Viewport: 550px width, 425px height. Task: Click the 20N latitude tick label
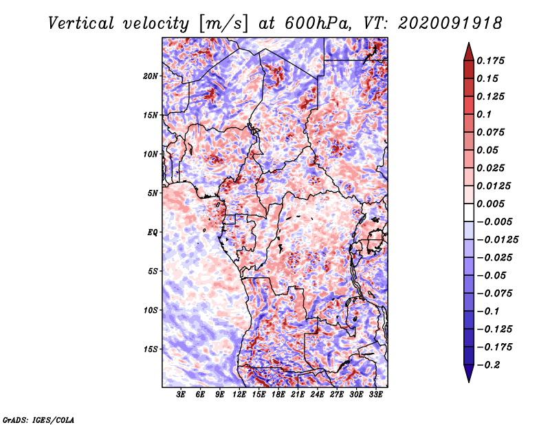pyautogui.click(x=151, y=76)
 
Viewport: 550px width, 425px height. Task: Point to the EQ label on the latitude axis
pyautogui.click(x=153, y=232)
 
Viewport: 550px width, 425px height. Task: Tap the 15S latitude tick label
pyautogui.click(x=151, y=349)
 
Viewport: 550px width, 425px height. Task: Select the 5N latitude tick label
pyautogui.click(x=153, y=193)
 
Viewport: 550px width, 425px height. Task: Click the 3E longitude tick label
pyautogui.click(x=181, y=395)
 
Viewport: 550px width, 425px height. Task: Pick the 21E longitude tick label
pyautogui.click(x=298, y=395)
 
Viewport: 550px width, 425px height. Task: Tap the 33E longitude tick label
pyautogui.click(x=375, y=395)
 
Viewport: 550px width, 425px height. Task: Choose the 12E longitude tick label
pyautogui.click(x=239, y=395)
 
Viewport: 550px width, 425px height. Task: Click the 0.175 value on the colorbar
pyautogui.click(x=490, y=61)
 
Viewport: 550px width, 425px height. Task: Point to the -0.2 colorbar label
pyautogui.click(x=488, y=365)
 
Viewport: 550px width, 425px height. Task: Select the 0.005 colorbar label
pyautogui.click(x=490, y=204)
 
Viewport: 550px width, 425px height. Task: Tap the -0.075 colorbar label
pyautogui.click(x=494, y=294)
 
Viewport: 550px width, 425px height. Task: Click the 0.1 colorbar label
pyautogui.click(x=484, y=114)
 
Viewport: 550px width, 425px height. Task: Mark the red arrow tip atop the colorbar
pyautogui.click(x=469, y=43)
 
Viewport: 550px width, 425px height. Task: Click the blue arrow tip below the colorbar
pyautogui.click(x=469, y=382)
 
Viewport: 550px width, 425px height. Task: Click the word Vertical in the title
pyautogui.click(x=81, y=23)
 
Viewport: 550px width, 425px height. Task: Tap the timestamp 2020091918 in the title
pyautogui.click(x=450, y=23)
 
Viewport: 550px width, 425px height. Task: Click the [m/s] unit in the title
pyautogui.click(x=223, y=24)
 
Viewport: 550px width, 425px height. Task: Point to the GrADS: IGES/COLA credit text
pyautogui.click(x=38, y=419)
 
